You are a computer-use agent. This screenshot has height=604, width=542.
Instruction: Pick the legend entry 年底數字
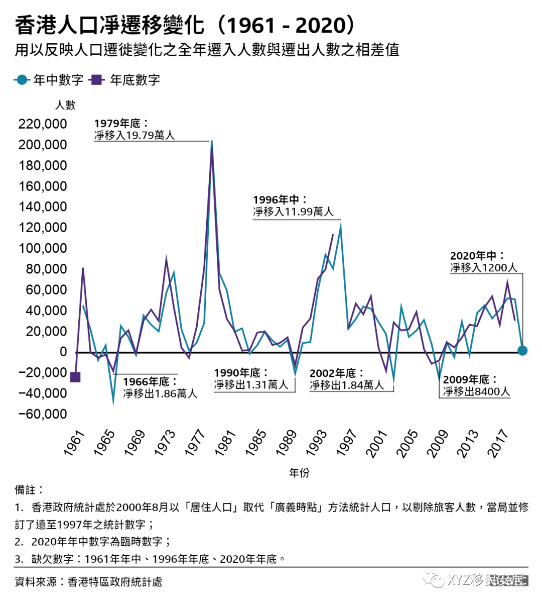pos(125,80)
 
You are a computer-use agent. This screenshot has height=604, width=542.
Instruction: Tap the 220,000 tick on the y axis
pos(43,124)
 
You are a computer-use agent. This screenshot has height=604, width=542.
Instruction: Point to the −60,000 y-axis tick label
pos(43,414)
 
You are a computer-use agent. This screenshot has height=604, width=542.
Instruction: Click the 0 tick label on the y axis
pos(63,352)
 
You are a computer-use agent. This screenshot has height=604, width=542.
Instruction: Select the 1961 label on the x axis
pos(74,443)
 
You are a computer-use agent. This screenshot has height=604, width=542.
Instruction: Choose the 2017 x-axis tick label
pos(499,443)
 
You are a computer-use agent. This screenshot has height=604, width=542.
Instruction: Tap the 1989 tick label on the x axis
pos(287,443)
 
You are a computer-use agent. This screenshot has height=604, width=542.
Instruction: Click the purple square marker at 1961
pos(75,377)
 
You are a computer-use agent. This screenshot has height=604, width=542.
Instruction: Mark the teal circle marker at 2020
pos(522,350)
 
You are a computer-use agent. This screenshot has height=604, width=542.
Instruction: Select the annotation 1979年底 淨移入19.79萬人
pos(134,130)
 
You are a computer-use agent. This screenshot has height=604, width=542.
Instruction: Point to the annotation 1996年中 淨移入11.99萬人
pos(293,206)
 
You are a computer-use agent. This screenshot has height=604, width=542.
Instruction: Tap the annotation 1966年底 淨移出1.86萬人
pos(160,388)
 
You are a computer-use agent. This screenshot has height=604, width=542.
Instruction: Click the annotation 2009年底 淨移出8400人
pos(476,385)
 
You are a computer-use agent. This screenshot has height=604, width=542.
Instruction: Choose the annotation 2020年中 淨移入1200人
pos(483,262)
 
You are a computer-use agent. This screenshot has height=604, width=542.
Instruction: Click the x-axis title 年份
pos(299,473)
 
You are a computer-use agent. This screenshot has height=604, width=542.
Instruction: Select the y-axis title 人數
pos(65,105)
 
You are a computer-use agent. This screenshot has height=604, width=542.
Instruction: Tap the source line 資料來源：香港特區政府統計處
pos(88,582)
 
